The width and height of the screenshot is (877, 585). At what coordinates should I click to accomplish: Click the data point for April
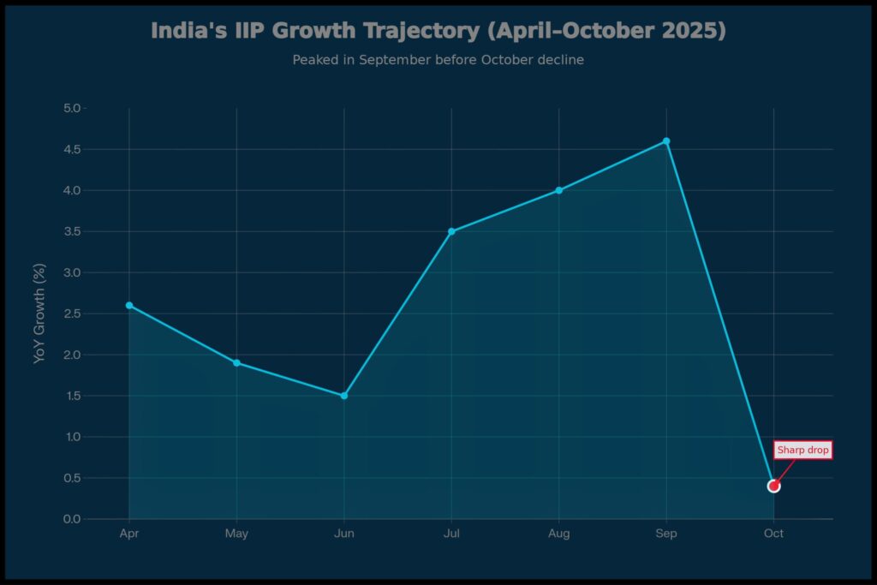click(x=129, y=305)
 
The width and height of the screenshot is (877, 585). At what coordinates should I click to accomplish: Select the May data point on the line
click(x=236, y=362)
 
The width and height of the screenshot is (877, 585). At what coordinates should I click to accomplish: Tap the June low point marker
click(x=344, y=396)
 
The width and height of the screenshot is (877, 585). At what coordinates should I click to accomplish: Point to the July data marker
click(x=451, y=231)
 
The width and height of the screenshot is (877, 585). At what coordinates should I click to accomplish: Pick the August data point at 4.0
click(x=558, y=190)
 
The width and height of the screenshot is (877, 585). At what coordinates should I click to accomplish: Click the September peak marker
click(x=666, y=141)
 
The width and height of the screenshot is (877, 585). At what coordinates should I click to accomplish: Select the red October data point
click(x=773, y=486)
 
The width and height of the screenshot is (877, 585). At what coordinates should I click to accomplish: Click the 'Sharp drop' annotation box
click(x=802, y=450)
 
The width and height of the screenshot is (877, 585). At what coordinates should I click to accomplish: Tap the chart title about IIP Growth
click(x=438, y=31)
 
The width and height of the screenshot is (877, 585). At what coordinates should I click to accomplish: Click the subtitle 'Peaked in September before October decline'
click(x=438, y=60)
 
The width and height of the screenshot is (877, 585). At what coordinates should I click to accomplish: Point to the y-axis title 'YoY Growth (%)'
click(x=39, y=313)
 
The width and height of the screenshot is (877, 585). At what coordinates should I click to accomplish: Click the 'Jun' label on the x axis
click(x=344, y=534)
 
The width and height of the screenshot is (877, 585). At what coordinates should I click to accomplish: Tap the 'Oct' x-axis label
click(x=773, y=534)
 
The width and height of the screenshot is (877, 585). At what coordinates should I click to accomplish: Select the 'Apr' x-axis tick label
click(x=129, y=534)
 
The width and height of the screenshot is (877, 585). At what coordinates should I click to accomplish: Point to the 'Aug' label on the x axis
click(x=558, y=534)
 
